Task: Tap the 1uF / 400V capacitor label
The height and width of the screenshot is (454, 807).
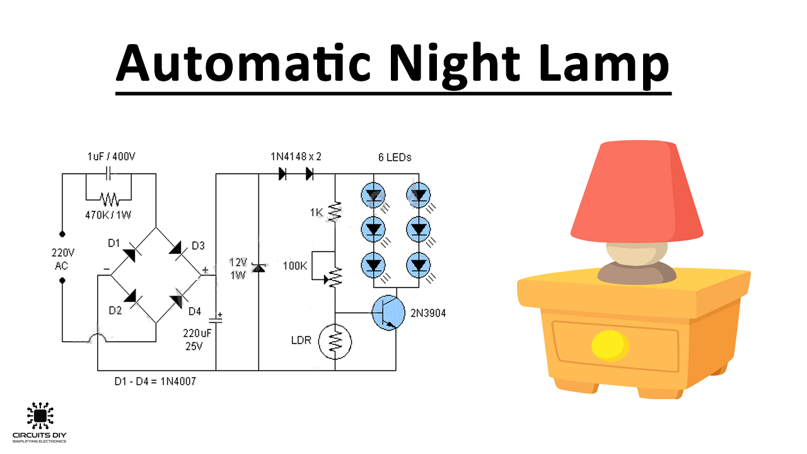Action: (111, 156)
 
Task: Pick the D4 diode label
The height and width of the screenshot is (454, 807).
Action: (195, 311)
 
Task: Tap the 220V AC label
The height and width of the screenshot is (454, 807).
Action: (63, 259)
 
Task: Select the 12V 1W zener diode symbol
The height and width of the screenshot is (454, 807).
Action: (258, 269)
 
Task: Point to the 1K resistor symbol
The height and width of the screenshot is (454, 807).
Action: (335, 213)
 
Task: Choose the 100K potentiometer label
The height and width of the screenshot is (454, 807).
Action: (295, 266)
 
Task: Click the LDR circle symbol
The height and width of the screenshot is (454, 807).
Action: (335, 341)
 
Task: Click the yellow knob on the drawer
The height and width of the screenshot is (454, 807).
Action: (610, 346)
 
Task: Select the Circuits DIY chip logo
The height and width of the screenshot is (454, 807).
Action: (39, 416)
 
